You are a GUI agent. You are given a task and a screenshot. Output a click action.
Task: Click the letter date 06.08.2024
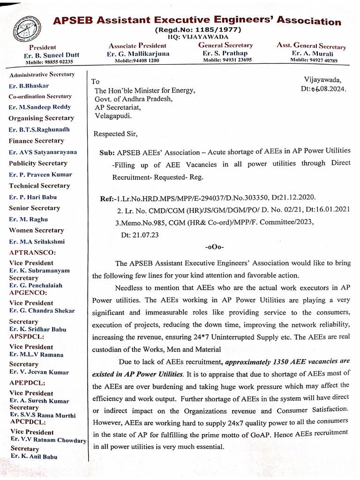click(329, 89)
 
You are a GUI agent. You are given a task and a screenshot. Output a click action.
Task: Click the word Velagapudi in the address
click(113, 115)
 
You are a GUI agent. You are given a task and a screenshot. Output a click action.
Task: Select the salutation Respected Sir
click(116, 134)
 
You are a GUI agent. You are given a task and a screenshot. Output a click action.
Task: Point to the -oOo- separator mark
click(215, 247)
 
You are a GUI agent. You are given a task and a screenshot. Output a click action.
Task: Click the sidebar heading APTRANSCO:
click(31, 252)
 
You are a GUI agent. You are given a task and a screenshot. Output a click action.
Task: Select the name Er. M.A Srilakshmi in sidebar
click(37, 241)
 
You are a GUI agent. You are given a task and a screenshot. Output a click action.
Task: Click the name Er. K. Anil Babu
click(34, 456)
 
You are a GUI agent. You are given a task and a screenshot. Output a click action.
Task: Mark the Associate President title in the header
click(137, 46)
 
